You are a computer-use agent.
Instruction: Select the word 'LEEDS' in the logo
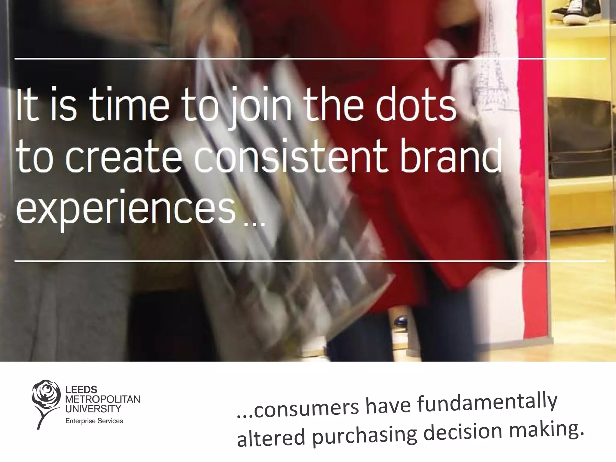coord(81,390)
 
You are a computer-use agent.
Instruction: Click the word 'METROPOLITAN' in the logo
coord(103,399)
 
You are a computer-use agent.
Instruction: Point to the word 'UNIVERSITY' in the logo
coord(93,408)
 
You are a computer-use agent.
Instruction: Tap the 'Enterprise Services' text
coord(94,421)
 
